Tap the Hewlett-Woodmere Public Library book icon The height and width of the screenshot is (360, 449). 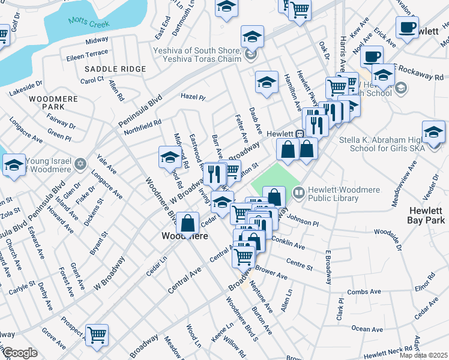coord(299,191)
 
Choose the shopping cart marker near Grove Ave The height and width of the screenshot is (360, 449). coord(96,335)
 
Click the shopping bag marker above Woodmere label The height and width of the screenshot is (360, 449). coord(188,223)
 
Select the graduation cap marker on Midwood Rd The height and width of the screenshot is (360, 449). coord(170,157)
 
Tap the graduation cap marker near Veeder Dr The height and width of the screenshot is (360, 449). coord(433,131)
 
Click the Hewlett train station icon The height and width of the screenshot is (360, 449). coord(300,133)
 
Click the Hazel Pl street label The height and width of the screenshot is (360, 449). coord(193,97)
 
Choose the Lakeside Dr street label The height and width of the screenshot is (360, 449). coord(26,89)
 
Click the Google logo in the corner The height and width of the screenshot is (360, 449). coord(20,353)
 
